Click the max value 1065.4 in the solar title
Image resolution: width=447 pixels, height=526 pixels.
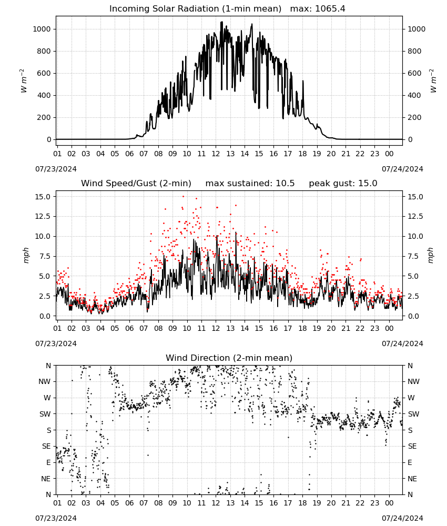pyautogui.click(x=330, y=9)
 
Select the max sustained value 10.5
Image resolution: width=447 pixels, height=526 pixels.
pyautogui.click(x=285, y=184)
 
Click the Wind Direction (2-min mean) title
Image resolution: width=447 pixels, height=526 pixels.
pyautogui.click(x=229, y=358)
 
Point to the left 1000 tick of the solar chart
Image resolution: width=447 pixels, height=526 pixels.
pyautogui.click(x=42, y=29)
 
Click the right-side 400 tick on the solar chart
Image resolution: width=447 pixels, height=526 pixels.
pyautogui.click(x=414, y=95)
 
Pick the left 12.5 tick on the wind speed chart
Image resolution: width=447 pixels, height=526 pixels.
pyautogui.click(x=43, y=216)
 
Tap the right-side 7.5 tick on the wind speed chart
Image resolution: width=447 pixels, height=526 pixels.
pyautogui.click(x=413, y=256)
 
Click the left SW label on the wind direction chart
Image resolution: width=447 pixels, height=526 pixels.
pyautogui.click(x=45, y=414)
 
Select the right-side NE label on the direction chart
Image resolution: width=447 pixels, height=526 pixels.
pyautogui.click(x=412, y=479)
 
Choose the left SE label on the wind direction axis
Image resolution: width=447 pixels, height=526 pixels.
pyautogui.click(x=47, y=446)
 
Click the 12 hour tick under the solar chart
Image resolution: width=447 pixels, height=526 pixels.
pyautogui.click(x=216, y=154)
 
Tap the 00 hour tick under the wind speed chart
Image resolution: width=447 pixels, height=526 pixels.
pyautogui.click(x=389, y=328)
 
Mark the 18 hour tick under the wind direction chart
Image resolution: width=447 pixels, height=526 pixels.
pyautogui.click(x=302, y=503)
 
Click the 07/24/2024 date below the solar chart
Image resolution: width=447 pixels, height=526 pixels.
pyautogui.click(x=402, y=169)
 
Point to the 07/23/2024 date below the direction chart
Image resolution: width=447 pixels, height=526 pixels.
pyautogui.click(x=56, y=518)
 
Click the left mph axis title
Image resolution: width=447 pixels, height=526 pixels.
pyautogui.click(x=26, y=255)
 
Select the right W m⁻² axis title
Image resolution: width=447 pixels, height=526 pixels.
pyautogui.click(x=433, y=81)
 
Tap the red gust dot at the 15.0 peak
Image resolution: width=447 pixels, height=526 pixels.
pyautogui.click(x=183, y=196)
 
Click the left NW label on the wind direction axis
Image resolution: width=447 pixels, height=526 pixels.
pyautogui.click(x=45, y=381)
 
